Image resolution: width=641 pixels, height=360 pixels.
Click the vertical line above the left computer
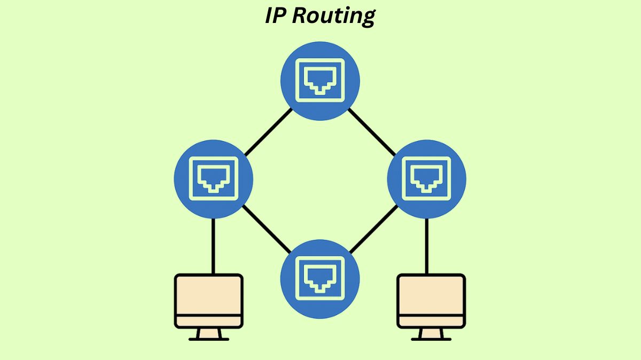tap(213, 246)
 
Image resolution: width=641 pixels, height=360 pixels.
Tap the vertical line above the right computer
tap(427, 246)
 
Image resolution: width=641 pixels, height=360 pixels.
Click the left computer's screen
tap(209, 294)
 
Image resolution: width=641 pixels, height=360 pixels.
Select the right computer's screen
tap(431, 294)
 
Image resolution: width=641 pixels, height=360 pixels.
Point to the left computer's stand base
tap(209, 338)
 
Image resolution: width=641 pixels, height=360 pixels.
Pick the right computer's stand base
tap(431, 338)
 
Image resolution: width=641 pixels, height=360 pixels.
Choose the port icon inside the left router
tap(214, 178)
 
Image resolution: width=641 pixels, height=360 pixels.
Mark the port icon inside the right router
tap(426, 178)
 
